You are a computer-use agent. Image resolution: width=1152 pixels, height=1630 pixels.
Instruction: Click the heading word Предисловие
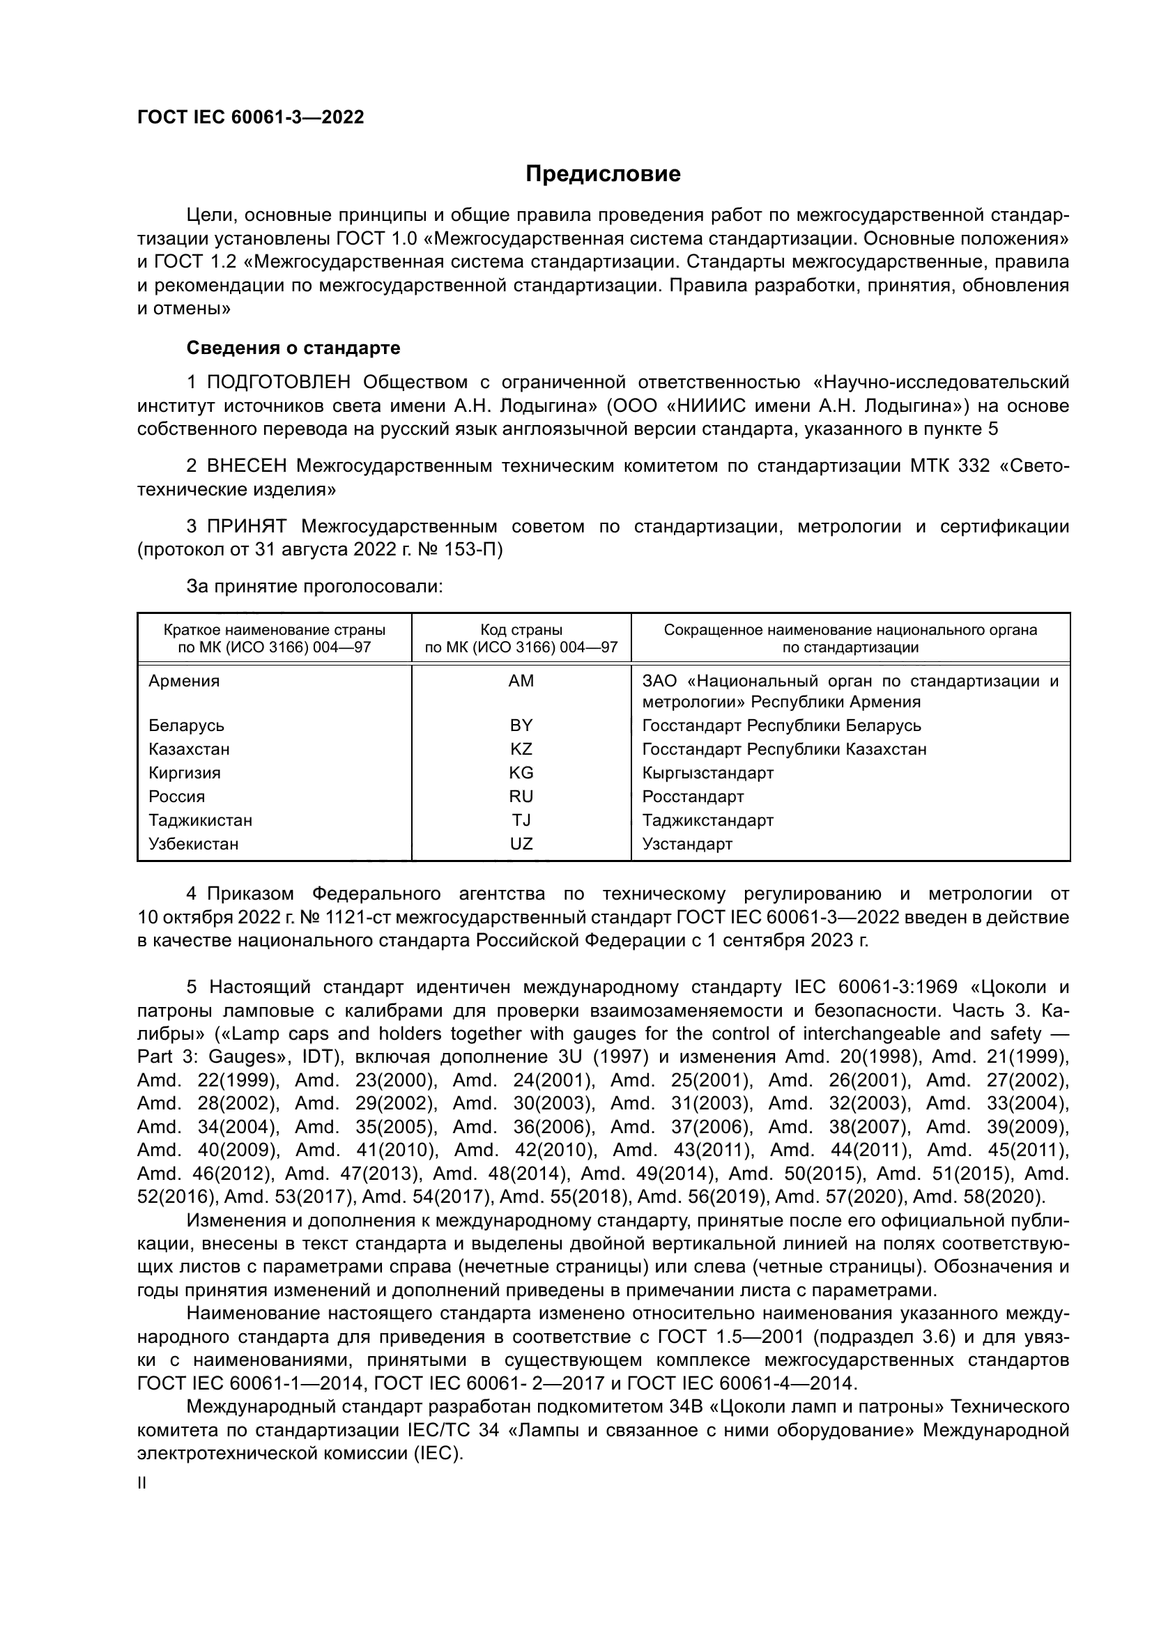click(x=603, y=174)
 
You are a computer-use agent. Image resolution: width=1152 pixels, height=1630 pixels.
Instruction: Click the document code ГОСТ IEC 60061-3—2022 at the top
click(x=251, y=118)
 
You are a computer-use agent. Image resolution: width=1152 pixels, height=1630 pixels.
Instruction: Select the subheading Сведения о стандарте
click(x=293, y=348)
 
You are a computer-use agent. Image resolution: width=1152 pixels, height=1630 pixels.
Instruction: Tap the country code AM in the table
click(x=521, y=682)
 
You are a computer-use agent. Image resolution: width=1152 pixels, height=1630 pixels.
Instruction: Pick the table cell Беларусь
click(x=186, y=725)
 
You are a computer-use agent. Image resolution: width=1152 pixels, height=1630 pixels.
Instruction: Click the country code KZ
click(x=521, y=750)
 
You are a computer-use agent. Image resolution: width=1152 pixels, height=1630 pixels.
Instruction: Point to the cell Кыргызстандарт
click(x=707, y=773)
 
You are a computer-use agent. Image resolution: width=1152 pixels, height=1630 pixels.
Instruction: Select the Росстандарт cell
click(x=693, y=797)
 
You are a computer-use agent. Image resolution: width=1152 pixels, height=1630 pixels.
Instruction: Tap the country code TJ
click(x=521, y=821)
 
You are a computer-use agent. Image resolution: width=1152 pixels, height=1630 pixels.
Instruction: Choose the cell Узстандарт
click(x=687, y=844)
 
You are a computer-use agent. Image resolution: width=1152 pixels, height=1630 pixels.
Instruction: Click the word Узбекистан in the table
click(x=193, y=844)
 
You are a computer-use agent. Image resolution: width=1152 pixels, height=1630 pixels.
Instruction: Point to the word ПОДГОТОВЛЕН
click(x=279, y=383)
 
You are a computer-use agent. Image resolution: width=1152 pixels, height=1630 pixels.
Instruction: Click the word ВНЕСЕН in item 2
click(x=247, y=466)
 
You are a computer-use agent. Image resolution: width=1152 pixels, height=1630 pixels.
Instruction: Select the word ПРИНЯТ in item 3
click(x=247, y=527)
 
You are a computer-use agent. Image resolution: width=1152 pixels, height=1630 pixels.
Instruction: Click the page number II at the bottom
click(x=142, y=1484)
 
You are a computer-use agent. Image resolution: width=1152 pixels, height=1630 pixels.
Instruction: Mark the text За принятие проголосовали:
click(x=314, y=586)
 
